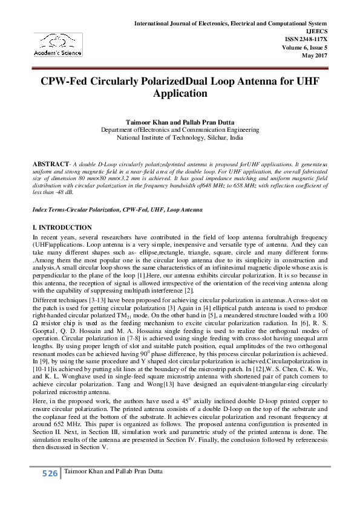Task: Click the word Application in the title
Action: pyautogui.click(x=180, y=94)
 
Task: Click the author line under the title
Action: pyautogui.click(x=180, y=122)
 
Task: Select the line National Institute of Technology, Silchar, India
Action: pyautogui.click(x=180, y=138)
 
